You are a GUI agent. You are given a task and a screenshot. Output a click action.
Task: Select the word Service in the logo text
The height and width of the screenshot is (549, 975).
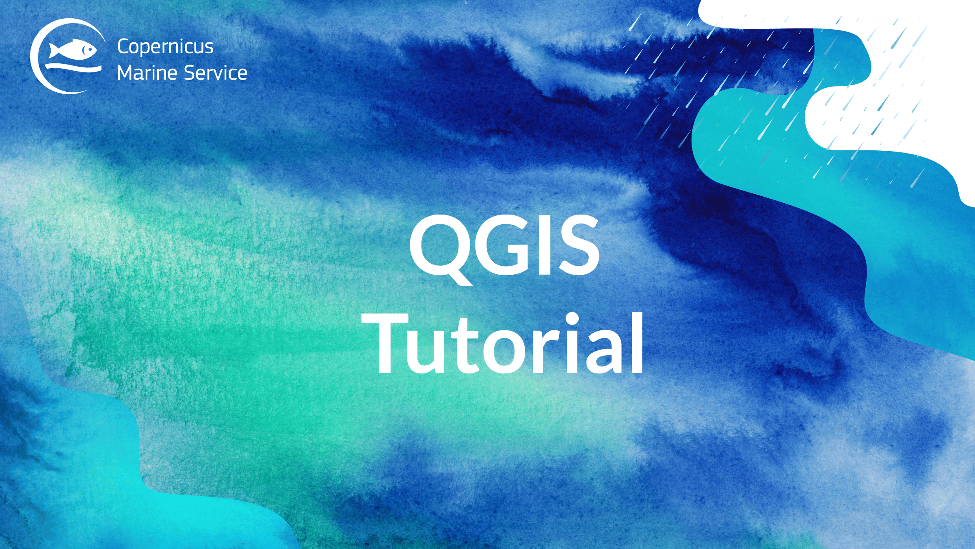point(216,73)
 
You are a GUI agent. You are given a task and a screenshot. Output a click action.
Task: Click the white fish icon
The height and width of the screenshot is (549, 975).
point(73,51)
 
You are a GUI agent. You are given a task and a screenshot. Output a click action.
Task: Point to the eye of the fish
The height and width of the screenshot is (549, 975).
point(85,50)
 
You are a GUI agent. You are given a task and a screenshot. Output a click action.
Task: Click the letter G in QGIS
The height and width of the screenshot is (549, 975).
point(506,245)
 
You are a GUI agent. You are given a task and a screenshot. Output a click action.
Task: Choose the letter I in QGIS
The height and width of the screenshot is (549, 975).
point(545,245)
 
